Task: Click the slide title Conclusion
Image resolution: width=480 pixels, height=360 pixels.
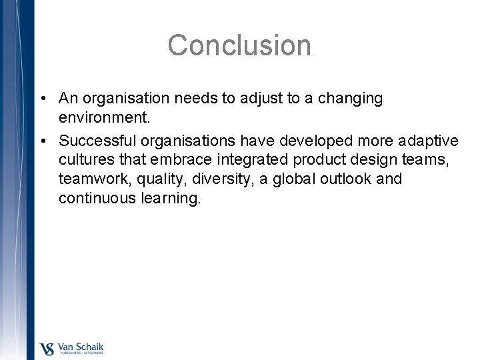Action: [239, 45]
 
